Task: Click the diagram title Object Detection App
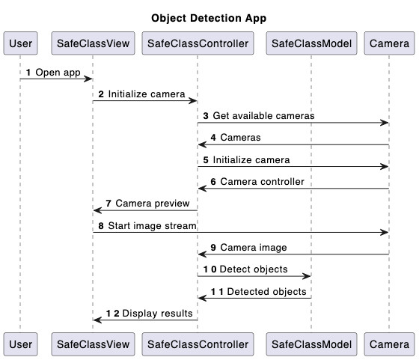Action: tap(209, 18)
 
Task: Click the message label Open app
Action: tap(57, 73)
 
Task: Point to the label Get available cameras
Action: tap(263, 116)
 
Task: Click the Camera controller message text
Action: tap(263, 182)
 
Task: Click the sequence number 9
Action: tap(213, 248)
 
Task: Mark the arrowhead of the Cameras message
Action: tap(201, 144)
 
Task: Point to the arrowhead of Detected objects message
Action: tap(201, 298)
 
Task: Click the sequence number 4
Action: tap(213, 138)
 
